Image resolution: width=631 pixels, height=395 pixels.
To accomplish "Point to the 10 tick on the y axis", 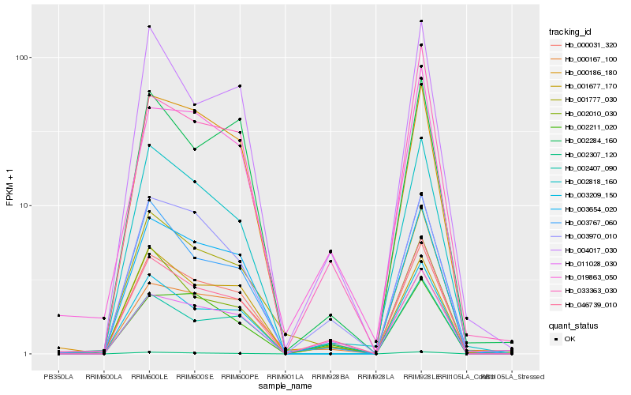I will (23, 205).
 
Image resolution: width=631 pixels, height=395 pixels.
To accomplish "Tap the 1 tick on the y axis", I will (25, 354).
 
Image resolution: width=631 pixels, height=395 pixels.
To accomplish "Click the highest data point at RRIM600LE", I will (149, 27).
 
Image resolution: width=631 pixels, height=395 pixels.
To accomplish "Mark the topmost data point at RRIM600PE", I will (240, 85).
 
